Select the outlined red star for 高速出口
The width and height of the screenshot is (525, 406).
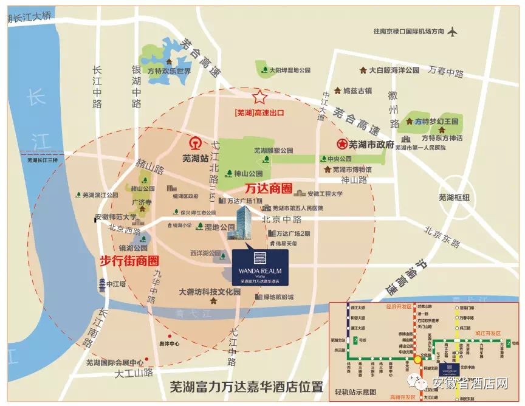click(260, 97)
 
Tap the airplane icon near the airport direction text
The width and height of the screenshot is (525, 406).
click(453, 30)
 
